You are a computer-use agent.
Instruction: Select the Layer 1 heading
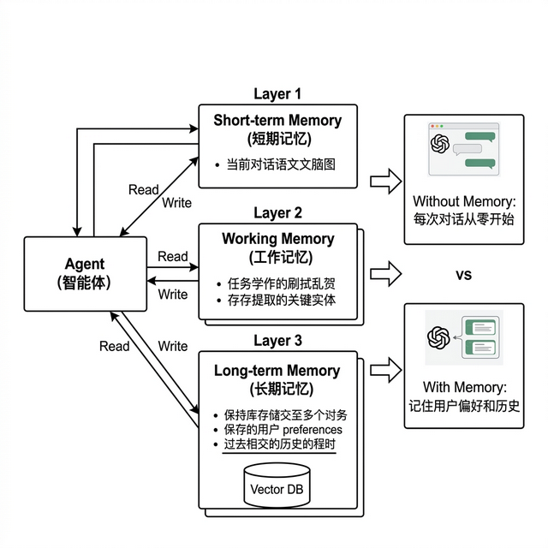(x=277, y=93)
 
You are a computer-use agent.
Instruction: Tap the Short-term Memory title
(x=277, y=120)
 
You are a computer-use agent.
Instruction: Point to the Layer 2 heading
(x=277, y=212)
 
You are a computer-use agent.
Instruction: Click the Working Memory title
(x=277, y=238)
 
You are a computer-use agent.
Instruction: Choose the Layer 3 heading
(x=277, y=341)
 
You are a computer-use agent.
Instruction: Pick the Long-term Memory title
(x=277, y=371)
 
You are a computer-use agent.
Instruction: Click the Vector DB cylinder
(x=277, y=488)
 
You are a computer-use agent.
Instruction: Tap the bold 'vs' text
(x=462, y=274)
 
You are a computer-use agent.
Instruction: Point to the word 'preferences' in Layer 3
(x=307, y=429)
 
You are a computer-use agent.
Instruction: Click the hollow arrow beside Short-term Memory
(x=385, y=181)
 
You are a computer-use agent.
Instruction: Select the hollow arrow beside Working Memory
(x=385, y=274)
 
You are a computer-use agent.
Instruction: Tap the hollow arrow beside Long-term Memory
(x=385, y=369)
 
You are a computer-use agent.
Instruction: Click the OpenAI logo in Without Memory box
(x=440, y=143)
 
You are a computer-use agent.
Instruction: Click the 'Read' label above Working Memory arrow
(x=173, y=256)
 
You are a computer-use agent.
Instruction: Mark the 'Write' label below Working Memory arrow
(x=173, y=294)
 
